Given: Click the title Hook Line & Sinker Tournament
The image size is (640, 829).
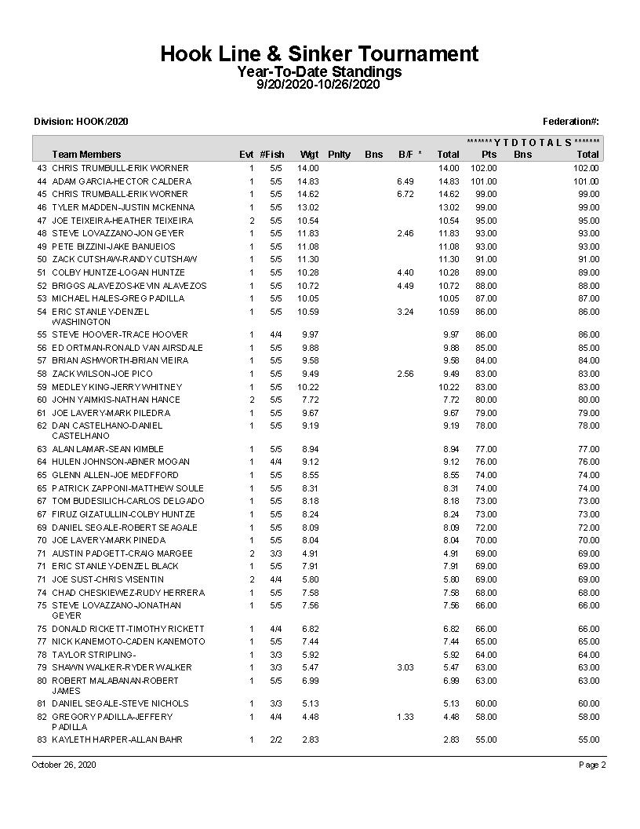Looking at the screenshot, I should (x=319, y=53).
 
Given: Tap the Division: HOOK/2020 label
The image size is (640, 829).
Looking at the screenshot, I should (x=81, y=121).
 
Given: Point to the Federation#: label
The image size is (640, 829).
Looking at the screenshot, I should (x=570, y=121).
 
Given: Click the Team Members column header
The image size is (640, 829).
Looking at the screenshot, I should (x=86, y=155).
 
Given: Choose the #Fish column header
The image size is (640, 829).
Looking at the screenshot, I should (x=272, y=155).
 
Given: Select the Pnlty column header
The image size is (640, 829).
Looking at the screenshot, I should (x=339, y=155).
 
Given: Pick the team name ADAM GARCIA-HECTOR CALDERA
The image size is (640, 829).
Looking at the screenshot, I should (x=121, y=181).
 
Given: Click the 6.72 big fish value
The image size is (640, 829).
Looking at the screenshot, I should (x=405, y=194).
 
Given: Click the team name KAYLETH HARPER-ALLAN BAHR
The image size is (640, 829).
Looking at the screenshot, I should (x=117, y=740).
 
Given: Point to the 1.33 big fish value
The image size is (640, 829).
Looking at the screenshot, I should (x=405, y=717).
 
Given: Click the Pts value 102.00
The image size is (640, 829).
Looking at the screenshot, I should (x=483, y=168).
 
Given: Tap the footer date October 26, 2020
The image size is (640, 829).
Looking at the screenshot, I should (x=64, y=765).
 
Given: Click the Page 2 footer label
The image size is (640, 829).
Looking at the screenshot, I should (x=592, y=765).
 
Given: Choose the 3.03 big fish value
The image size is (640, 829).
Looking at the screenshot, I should (x=405, y=667).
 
